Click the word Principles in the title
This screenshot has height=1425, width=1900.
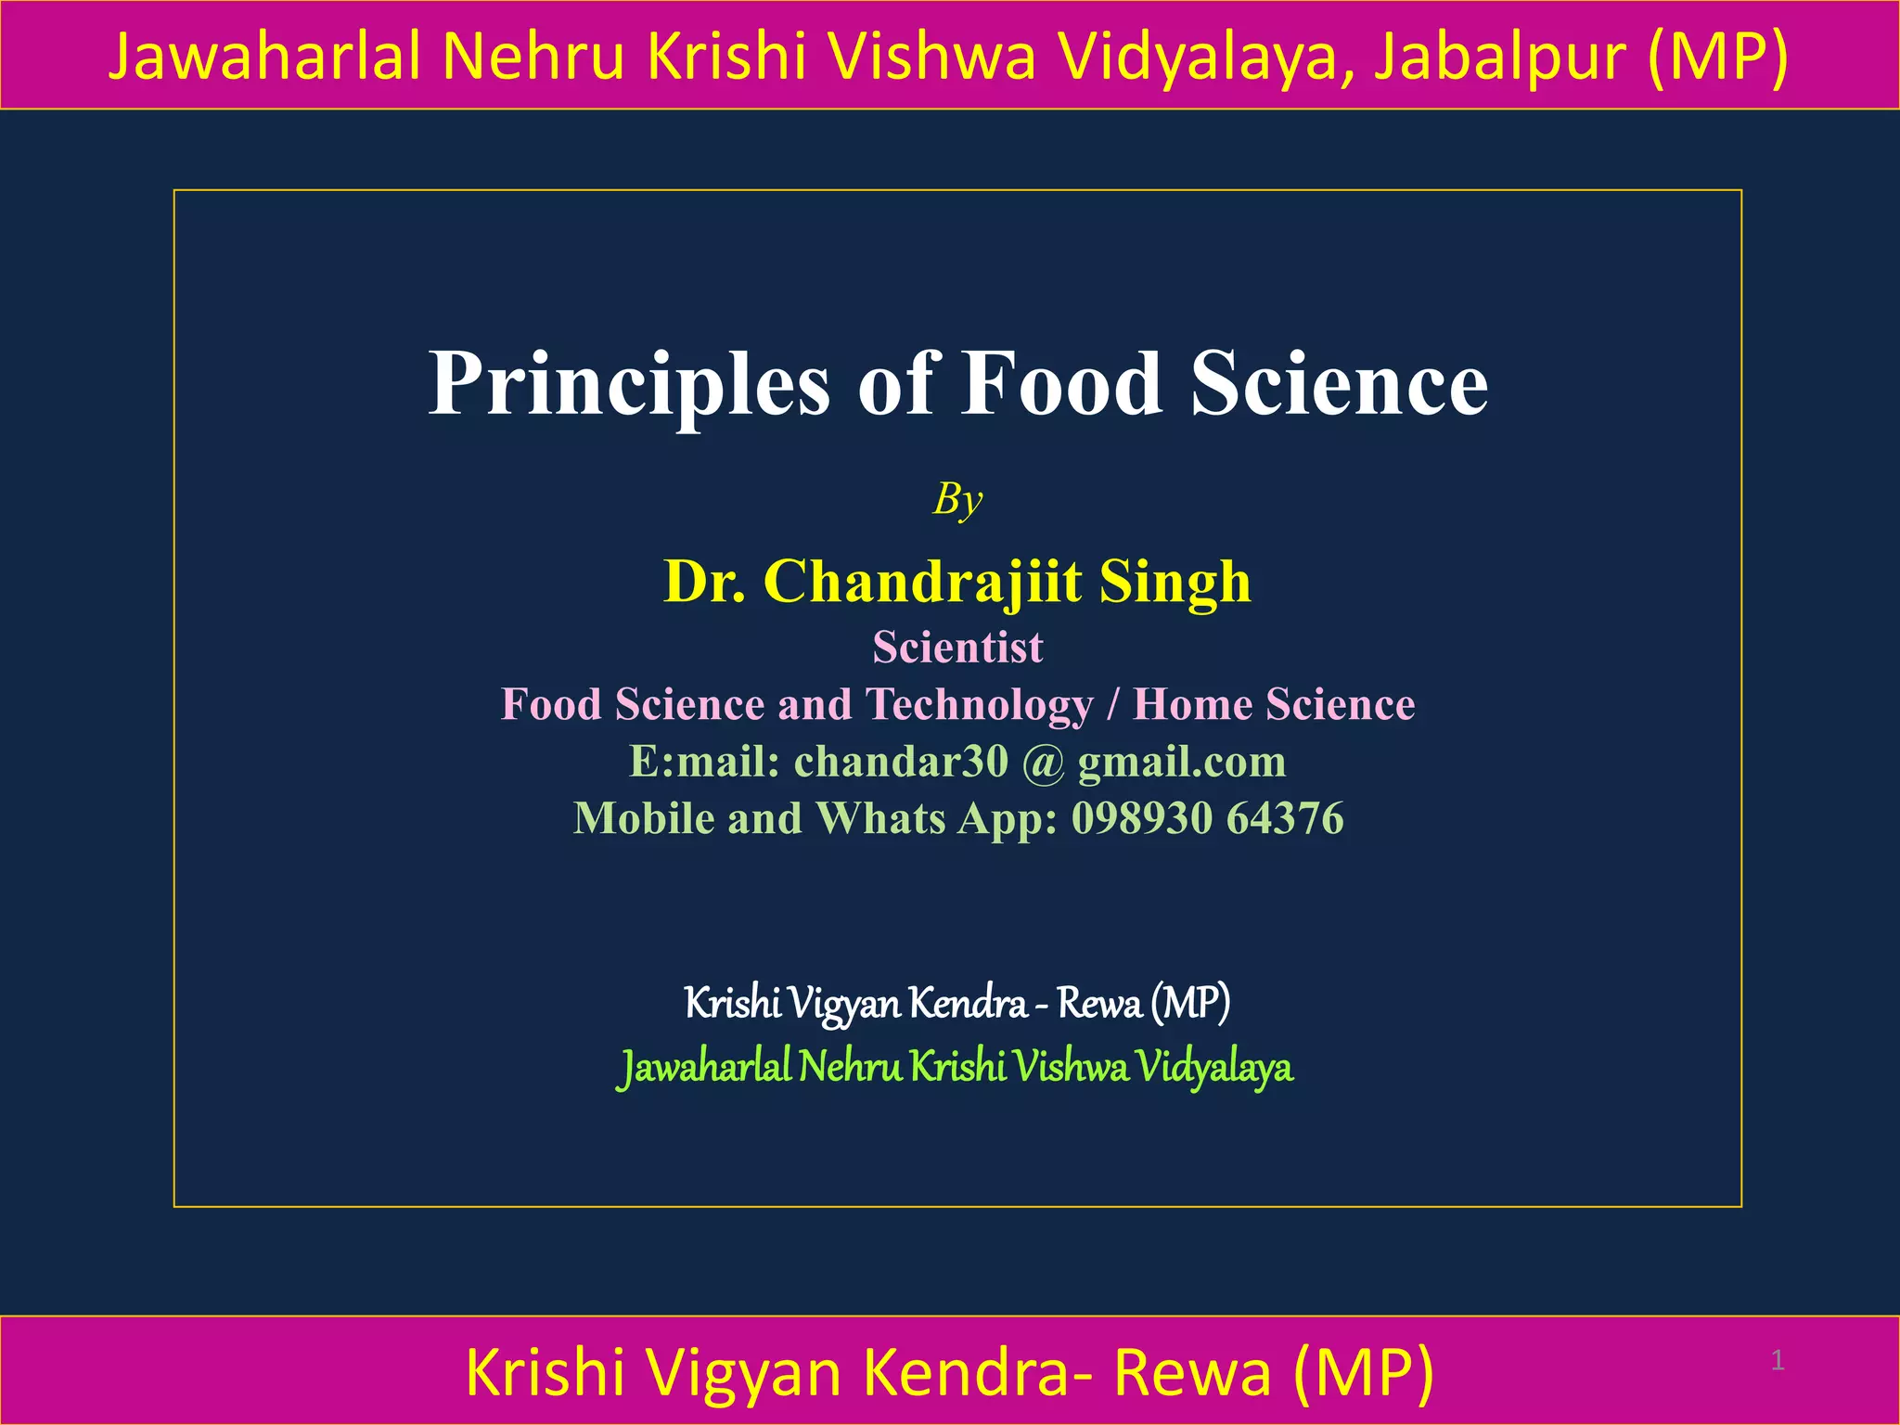coord(628,385)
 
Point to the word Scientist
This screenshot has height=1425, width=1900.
coord(957,647)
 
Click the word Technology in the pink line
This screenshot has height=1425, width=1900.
coord(980,704)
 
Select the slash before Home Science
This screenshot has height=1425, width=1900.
coord(1113,704)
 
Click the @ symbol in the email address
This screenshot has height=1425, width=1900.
coord(1043,763)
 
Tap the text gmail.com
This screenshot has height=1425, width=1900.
coord(1182,762)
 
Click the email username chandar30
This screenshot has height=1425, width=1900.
coord(900,762)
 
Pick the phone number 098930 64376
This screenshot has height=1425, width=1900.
coord(1207,818)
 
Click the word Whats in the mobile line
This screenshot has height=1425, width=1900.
coord(880,818)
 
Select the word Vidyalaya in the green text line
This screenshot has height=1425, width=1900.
coord(1214,1067)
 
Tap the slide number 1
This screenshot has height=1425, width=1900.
coord(1778,1361)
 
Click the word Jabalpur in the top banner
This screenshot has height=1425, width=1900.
coord(1499,56)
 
